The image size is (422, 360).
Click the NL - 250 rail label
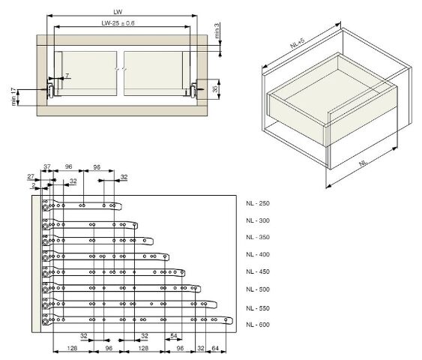pos(258,203)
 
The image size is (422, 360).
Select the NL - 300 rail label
pos(258,220)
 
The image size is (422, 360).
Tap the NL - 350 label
pos(258,237)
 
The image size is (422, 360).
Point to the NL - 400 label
pos(258,254)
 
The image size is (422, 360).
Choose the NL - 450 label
pos(258,271)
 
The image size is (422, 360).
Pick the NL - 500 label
pos(258,289)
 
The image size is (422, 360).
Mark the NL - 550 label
pos(258,308)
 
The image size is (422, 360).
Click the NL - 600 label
pos(258,325)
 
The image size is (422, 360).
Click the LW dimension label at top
pos(118,12)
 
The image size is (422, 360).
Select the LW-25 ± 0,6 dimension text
pos(118,23)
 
